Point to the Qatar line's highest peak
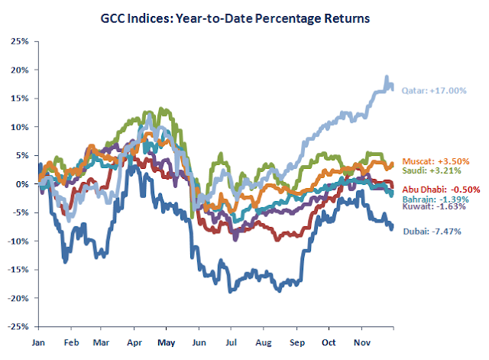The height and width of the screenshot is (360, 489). click(x=387, y=77)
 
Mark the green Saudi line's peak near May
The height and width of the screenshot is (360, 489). click(x=160, y=109)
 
